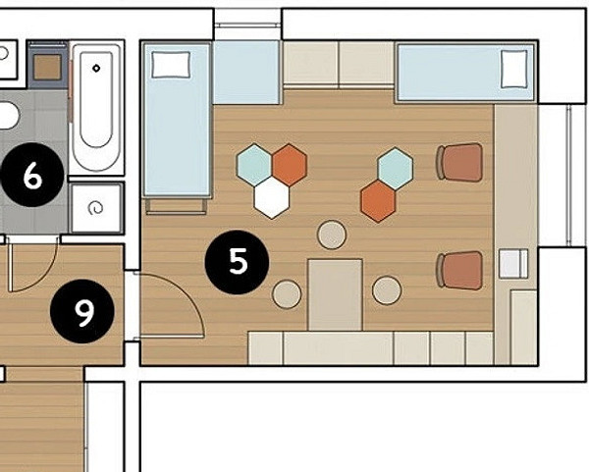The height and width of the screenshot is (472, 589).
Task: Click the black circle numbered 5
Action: tap(237, 262)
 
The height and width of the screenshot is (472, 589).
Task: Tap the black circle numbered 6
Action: tap(32, 175)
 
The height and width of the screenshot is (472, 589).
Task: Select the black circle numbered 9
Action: tap(82, 312)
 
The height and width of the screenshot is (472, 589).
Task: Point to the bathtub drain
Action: tap(96, 69)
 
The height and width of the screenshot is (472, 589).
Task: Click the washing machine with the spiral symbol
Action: tap(97, 208)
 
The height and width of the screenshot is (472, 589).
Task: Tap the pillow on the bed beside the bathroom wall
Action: tap(171, 65)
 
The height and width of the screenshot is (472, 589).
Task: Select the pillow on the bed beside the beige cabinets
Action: tap(514, 69)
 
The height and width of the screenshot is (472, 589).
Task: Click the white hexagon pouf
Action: tap(272, 198)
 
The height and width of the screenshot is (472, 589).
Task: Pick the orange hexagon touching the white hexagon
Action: tap(290, 165)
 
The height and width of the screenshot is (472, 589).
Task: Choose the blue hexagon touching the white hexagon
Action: tap(254, 165)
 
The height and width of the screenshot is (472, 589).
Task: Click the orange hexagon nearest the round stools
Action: tap(378, 201)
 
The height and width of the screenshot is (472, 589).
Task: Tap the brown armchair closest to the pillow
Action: tap(459, 162)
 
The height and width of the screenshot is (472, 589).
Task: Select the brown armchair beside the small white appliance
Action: tap(459, 271)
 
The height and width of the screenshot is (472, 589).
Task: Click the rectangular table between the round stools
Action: tap(335, 295)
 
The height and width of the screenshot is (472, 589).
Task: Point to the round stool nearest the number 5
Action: tap(287, 294)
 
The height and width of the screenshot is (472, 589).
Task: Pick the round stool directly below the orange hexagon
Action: tap(387, 289)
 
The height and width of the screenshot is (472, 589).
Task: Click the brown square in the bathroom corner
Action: tap(47, 67)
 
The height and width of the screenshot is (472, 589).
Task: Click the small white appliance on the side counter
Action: tap(513, 263)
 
